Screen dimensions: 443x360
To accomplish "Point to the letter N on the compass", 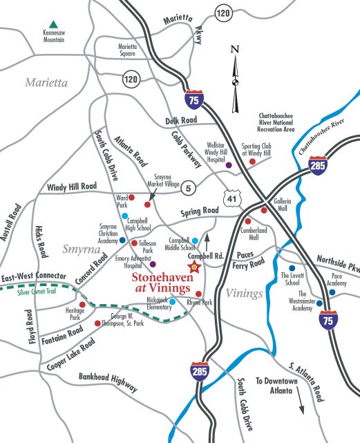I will coord(234,49).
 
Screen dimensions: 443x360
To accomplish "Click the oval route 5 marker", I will coord(189,185).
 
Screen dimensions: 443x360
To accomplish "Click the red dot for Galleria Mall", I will coord(264,210).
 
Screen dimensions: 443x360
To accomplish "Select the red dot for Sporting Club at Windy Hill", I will coord(252,162).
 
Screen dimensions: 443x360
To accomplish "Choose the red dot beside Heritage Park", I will coord(82,305).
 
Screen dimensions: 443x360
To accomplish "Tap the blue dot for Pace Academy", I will coord(332,292).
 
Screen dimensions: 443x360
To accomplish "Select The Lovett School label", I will coord(290,278).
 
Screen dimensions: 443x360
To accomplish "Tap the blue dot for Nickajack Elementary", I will coord(172,301).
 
